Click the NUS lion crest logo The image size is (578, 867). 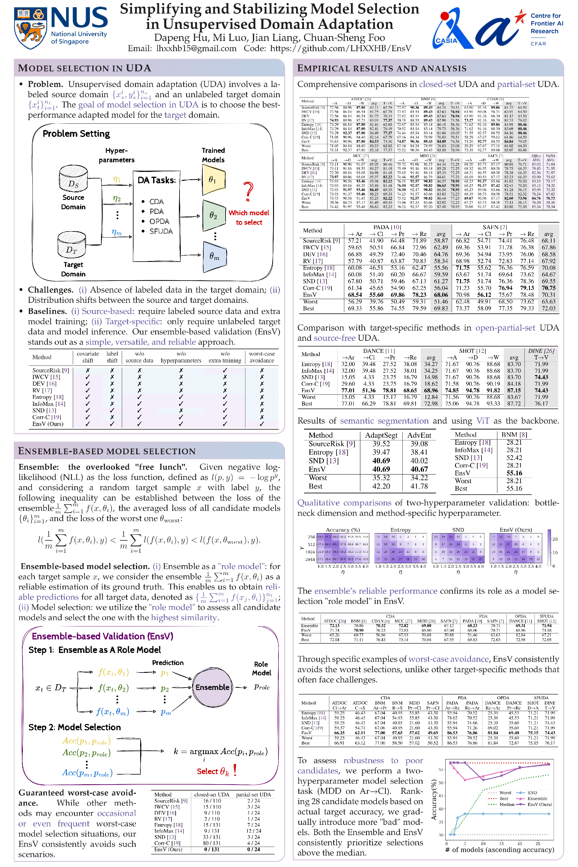coord(30,29)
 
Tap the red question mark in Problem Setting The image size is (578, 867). coord(249,191)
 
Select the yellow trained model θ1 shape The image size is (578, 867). coord(214,180)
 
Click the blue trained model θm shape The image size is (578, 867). coord(214,256)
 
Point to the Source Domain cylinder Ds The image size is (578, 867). coord(73,179)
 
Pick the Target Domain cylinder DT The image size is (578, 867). coord(72,245)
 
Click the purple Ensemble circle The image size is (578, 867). coord(212,687)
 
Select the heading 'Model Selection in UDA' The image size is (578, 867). coord(85,68)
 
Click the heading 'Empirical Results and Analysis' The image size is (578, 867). coord(382,68)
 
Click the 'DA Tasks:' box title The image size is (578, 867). coord(157,180)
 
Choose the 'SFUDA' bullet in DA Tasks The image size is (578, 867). coord(161,231)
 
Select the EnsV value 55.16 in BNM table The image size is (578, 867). coord(514,473)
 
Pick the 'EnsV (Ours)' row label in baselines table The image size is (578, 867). coord(48,424)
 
